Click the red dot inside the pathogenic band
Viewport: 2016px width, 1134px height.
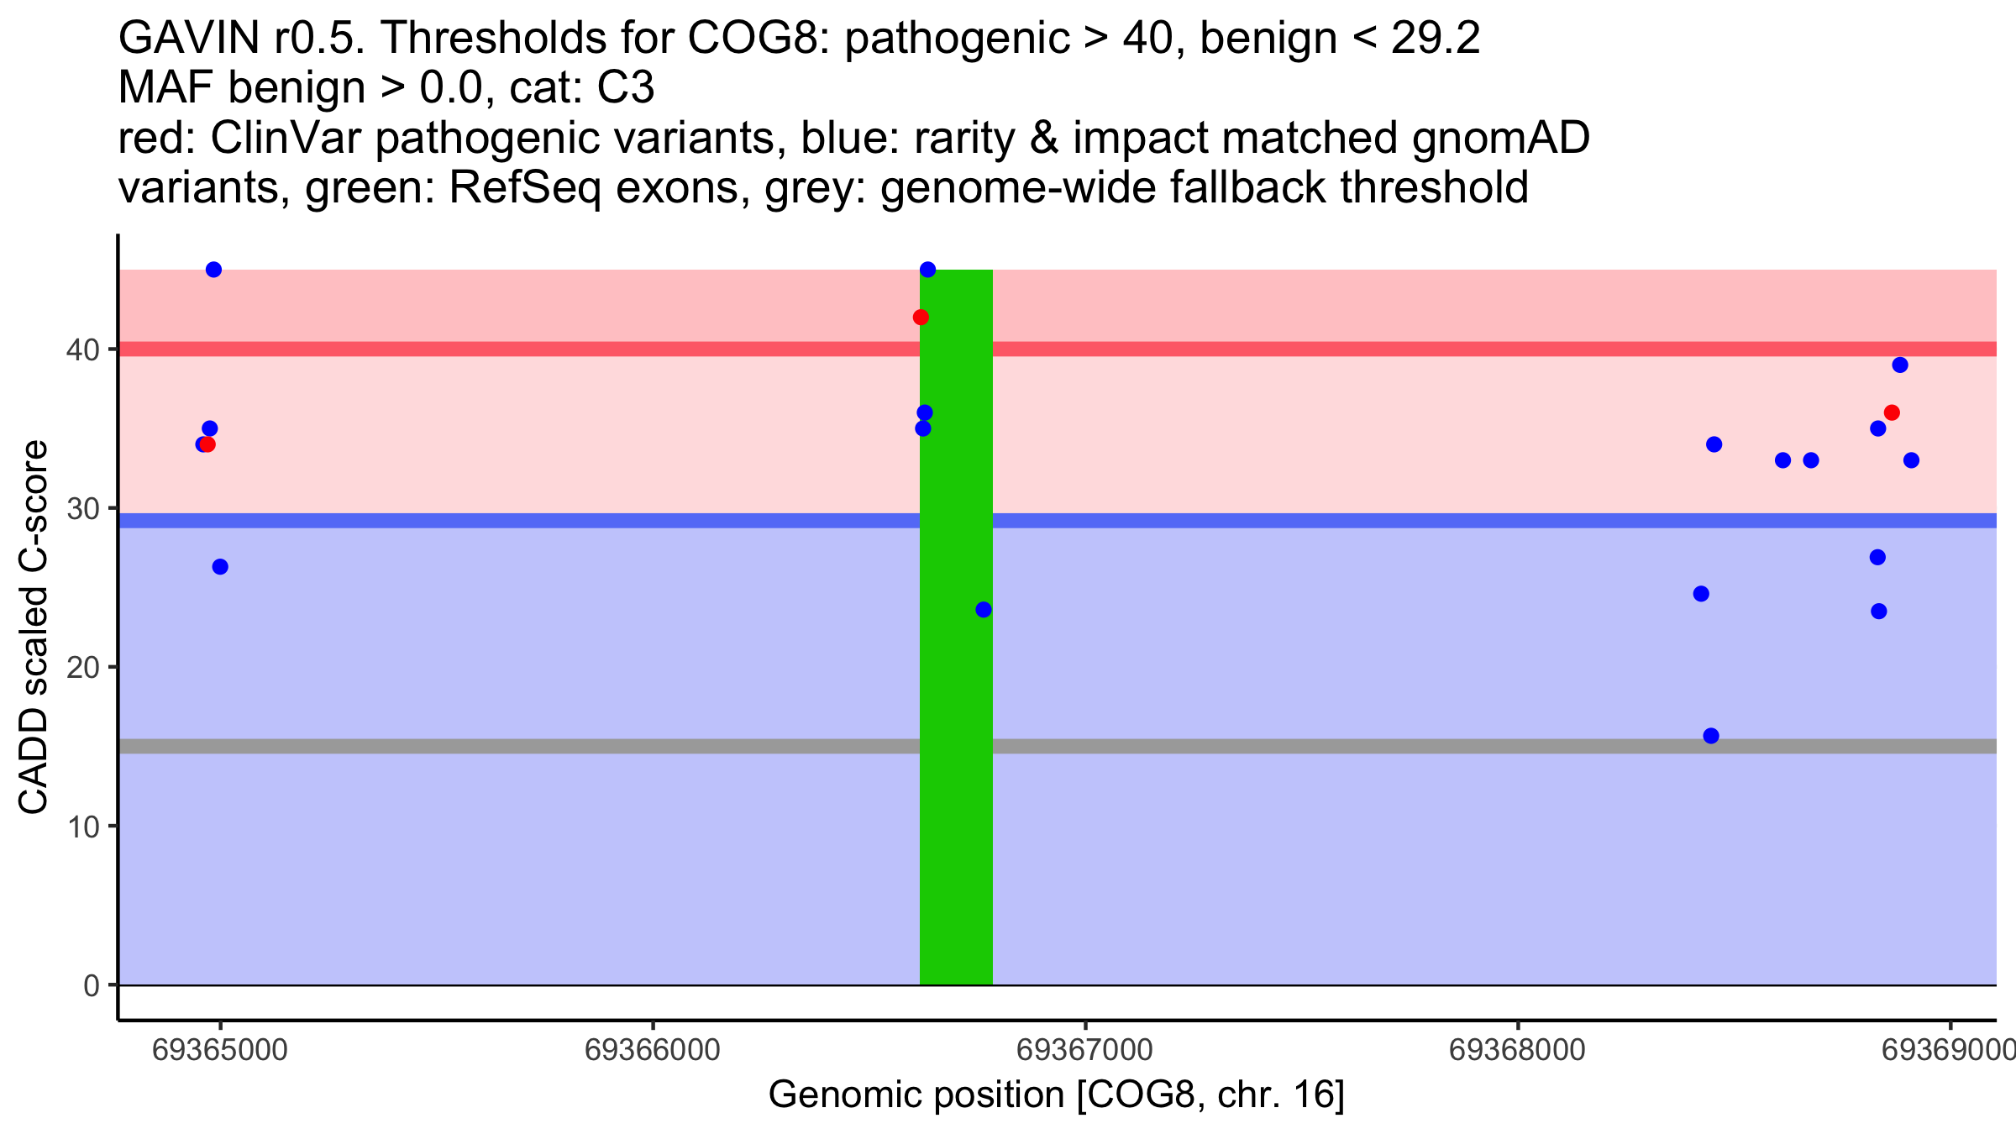(921, 318)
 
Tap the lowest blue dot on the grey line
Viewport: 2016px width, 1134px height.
(1711, 736)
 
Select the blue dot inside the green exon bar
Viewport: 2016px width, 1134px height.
(984, 610)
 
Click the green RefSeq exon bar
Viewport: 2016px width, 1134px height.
(956, 756)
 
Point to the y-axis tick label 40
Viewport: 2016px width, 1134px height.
(82, 349)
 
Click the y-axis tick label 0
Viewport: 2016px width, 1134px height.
(92, 985)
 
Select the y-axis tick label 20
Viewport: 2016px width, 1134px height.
(82, 668)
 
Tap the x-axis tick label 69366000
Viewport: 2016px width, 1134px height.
(653, 1050)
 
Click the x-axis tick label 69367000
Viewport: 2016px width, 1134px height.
(1085, 1050)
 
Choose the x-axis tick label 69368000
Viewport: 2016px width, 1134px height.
(1517, 1050)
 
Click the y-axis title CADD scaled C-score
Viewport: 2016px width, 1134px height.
(34, 627)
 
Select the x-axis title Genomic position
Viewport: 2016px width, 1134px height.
(1056, 1095)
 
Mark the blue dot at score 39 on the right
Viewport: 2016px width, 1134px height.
(1900, 365)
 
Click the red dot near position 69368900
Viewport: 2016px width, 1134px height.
(1892, 413)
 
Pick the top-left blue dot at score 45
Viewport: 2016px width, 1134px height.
(213, 270)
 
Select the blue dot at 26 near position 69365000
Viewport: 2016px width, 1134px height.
(220, 567)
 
